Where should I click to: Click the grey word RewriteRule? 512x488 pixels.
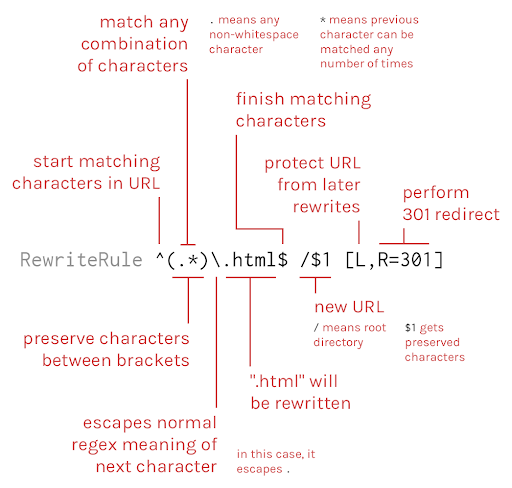pos(81,260)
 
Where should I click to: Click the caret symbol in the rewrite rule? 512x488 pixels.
pos(160,256)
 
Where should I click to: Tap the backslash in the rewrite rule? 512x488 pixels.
pos(216,260)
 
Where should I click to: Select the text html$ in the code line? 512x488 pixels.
pos(260,260)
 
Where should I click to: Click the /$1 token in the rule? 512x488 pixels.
pos(315,260)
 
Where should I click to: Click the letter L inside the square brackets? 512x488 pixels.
pos(360,260)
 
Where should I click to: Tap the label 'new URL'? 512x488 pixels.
pos(349,307)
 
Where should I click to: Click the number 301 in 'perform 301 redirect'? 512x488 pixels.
pos(419,214)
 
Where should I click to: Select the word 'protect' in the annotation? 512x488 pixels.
pos(294,164)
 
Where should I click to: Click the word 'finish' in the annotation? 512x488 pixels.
pos(260,99)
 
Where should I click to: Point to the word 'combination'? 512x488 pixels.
pos(134,44)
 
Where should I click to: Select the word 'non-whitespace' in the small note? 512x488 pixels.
pos(254,35)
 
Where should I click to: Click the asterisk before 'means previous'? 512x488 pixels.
pos(323,20)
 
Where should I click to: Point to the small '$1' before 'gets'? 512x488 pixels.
pos(410,328)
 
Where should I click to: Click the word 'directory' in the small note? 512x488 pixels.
pos(338,342)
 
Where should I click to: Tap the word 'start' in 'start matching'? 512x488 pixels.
pos(53,162)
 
